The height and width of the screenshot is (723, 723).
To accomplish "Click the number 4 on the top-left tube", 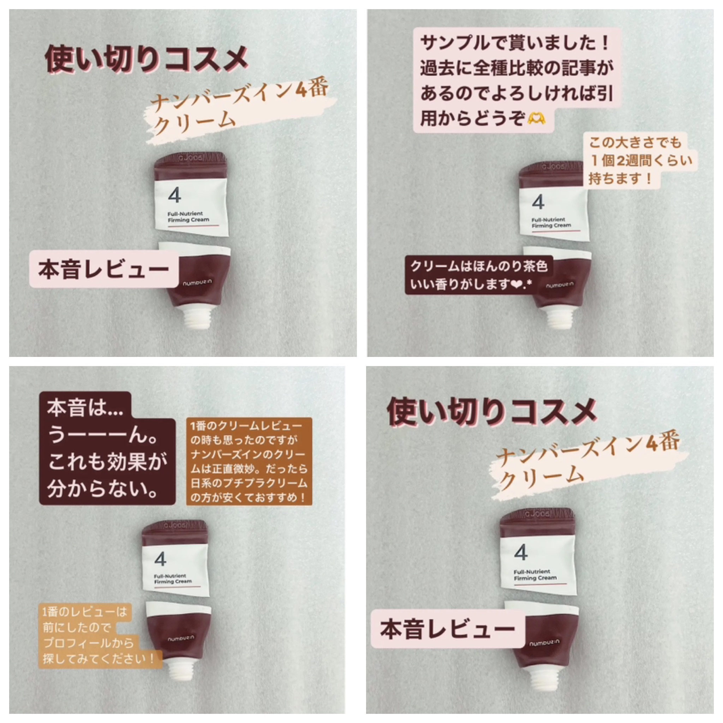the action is pyautogui.click(x=174, y=195).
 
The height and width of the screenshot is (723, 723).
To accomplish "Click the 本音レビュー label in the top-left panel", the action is pyautogui.click(x=104, y=269).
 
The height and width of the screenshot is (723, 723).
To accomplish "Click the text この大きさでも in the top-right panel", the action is pyautogui.click(x=635, y=143).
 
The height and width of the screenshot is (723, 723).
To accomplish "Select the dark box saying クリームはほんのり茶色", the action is pyautogui.click(x=478, y=275).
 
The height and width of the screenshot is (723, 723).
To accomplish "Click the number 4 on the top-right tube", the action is pyautogui.click(x=538, y=202).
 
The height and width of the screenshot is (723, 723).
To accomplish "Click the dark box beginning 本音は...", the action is pyautogui.click(x=107, y=448).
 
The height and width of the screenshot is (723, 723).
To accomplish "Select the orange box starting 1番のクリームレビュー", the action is pyautogui.click(x=249, y=461).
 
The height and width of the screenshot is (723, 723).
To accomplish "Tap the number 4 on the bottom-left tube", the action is pyautogui.click(x=160, y=559).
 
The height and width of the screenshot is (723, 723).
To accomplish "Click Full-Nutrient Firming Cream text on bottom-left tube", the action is pyautogui.click(x=173, y=579).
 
